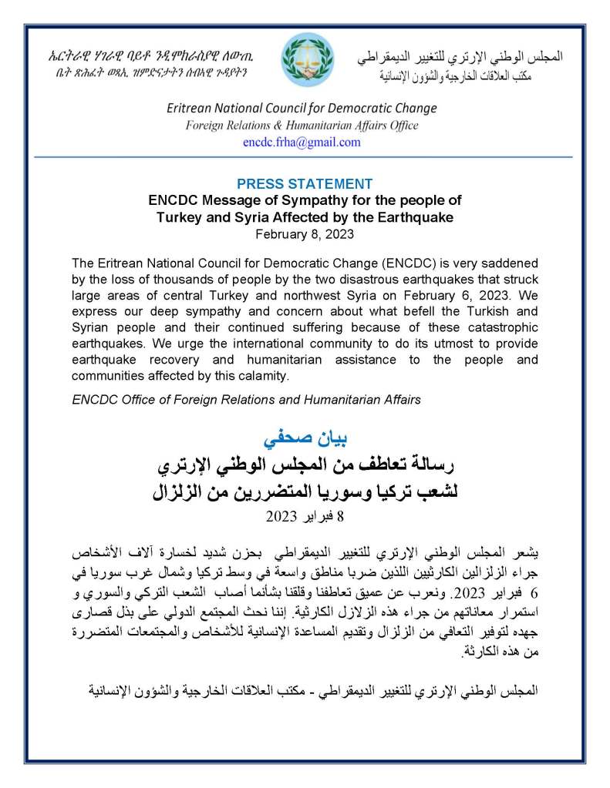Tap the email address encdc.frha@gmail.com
[302, 143]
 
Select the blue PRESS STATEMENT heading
[305, 184]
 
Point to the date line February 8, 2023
[305, 232]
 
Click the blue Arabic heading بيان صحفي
[305, 440]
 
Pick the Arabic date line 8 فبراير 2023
[305, 515]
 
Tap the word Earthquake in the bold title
[415, 217]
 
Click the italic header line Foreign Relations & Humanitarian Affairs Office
[302, 126]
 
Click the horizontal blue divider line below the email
[305, 156]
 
